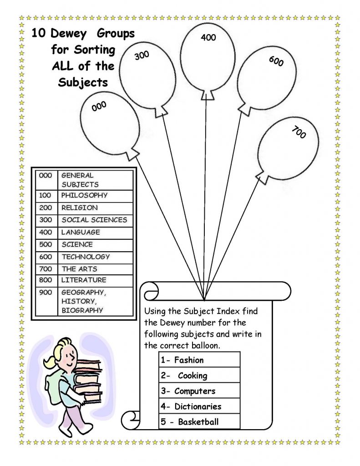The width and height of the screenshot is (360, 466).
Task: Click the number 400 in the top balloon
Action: coord(208,38)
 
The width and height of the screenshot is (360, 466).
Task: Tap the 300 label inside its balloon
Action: coord(142,56)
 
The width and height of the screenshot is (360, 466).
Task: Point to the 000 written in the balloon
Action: coord(99,106)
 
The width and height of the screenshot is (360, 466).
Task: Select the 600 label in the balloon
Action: coord(276,61)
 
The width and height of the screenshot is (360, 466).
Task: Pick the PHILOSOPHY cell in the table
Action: coord(85,195)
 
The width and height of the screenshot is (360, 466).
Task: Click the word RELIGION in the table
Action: coord(80,208)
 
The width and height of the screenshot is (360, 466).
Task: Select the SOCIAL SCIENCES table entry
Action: coord(94,220)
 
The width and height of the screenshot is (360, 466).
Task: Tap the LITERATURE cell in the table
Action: coord(84,280)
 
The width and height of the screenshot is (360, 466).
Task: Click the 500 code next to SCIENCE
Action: coord(46,244)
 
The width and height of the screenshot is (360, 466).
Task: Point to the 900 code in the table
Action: coord(46,292)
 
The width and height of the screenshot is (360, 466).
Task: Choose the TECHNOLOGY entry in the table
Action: coord(86,257)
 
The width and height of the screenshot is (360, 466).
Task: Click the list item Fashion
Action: coord(188,360)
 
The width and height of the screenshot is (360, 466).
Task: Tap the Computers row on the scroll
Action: coord(194,391)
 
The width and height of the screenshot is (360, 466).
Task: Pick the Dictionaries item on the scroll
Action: coord(197,406)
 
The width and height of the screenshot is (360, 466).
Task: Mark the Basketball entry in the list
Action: coord(198,422)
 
